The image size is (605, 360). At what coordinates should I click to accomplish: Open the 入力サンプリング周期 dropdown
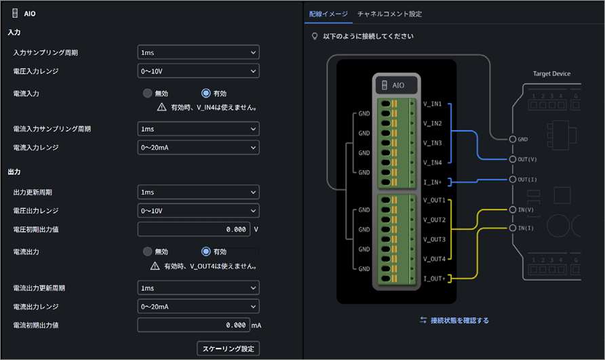click(198, 52)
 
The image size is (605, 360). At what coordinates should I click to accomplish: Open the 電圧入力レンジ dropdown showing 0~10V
click(198, 71)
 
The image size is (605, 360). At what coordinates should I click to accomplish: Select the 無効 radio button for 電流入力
click(147, 93)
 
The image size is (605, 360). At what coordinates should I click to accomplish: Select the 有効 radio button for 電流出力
click(206, 252)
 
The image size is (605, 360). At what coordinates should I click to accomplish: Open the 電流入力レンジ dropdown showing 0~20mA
click(198, 147)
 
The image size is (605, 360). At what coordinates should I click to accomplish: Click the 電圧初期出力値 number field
click(194, 229)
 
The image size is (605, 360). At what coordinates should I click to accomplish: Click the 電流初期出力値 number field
click(194, 325)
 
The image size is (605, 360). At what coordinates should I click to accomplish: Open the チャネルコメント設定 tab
click(389, 14)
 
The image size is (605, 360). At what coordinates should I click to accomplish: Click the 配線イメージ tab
click(328, 14)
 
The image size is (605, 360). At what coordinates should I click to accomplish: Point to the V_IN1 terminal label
click(432, 104)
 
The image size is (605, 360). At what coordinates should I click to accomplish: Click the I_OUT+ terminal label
click(435, 279)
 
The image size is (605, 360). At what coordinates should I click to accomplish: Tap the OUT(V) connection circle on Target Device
click(512, 159)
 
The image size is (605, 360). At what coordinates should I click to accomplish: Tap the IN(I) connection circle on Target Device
click(512, 228)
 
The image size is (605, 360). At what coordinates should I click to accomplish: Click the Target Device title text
click(551, 74)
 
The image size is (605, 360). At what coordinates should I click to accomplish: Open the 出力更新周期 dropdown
click(198, 192)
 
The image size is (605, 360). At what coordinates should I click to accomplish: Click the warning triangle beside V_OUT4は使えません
click(155, 266)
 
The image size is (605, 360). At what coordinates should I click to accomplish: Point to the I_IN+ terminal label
click(432, 182)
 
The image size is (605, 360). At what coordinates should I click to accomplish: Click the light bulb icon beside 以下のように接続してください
click(315, 36)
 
